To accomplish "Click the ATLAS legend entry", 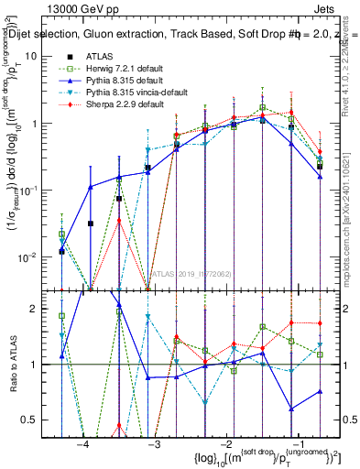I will pos(99,56).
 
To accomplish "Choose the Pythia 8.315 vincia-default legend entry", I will pos(129,93).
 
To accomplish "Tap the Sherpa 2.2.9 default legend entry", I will pos(117,105).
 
